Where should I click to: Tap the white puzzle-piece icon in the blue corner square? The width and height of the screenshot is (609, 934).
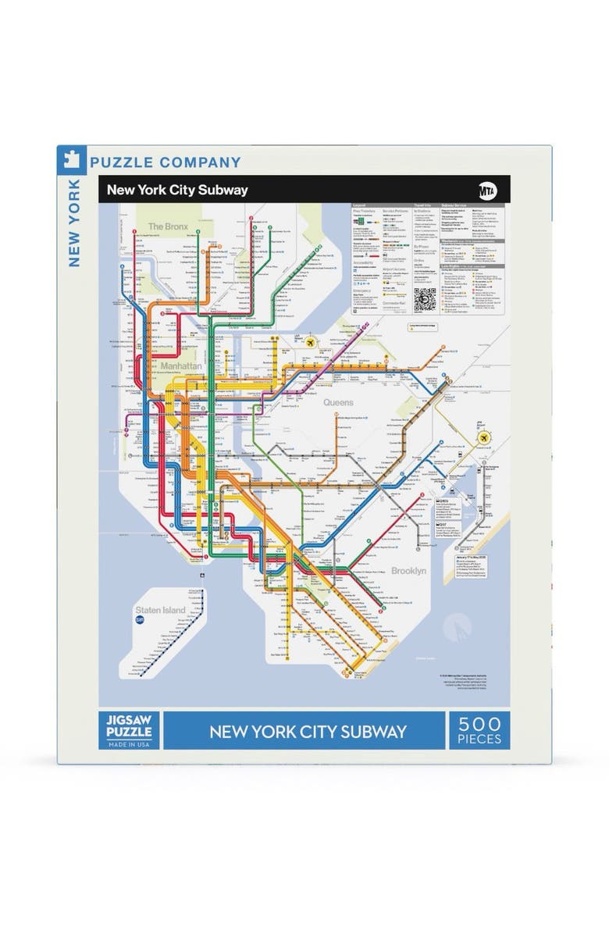[70, 159]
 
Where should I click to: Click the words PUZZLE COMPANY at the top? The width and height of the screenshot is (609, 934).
[166, 162]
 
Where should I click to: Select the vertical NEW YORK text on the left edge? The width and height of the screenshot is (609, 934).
[74, 223]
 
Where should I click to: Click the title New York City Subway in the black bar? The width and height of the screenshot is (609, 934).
[177, 190]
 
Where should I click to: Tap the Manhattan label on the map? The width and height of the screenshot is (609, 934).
[181, 365]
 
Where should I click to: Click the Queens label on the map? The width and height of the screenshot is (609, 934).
[338, 403]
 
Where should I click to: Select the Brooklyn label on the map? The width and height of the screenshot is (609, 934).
[408, 571]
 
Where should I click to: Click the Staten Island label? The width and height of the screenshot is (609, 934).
[161, 610]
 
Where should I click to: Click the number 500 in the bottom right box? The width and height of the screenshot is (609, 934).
[479, 724]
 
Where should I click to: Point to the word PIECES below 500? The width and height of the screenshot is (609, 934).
[479, 739]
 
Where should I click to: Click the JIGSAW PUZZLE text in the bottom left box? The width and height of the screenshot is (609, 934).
[126, 723]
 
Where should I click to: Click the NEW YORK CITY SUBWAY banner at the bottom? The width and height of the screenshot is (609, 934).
[308, 732]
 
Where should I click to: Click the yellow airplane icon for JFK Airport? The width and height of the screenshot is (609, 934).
[485, 438]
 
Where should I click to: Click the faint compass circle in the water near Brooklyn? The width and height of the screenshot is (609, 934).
[457, 626]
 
